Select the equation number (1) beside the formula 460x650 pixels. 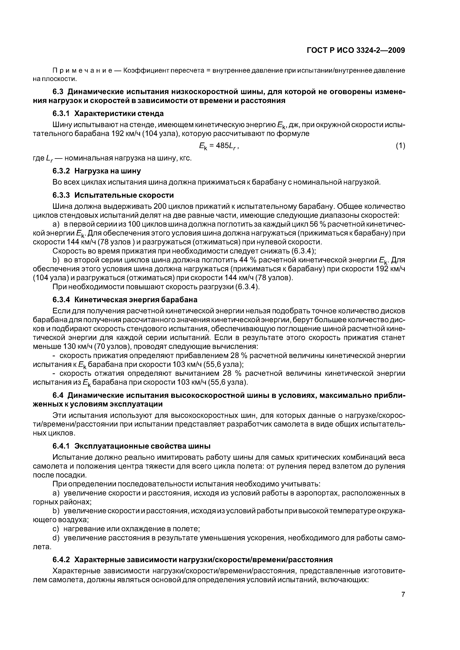pyautogui.click(x=400, y=146)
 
